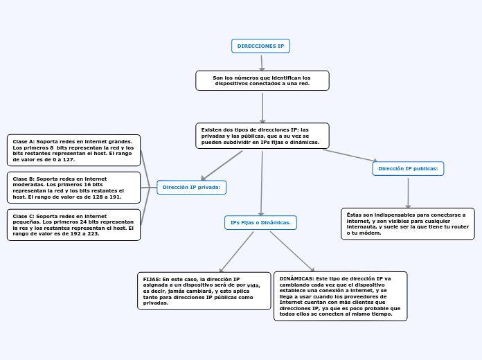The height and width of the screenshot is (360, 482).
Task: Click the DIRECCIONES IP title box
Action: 260,46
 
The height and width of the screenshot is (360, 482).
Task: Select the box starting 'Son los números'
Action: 262,80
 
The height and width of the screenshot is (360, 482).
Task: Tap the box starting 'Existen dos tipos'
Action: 262,136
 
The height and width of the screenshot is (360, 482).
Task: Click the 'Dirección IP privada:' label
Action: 191,187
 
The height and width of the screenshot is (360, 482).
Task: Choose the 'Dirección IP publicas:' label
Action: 408,168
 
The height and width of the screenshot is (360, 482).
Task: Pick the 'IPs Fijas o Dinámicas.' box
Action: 260,222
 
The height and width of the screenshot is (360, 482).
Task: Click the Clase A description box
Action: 73,150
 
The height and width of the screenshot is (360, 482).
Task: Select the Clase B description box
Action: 73,188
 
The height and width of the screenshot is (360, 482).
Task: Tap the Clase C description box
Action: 73,225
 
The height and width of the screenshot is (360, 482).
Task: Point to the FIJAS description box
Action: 204,291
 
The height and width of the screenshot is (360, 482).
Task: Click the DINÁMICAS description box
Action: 340,296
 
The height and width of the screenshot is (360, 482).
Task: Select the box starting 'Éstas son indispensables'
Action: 407,224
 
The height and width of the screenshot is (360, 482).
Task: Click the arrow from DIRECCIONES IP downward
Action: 262,62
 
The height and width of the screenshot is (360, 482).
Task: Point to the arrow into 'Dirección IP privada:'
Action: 222,165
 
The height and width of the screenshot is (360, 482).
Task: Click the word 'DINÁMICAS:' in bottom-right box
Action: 296,278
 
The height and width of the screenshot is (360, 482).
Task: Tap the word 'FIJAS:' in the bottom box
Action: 152,279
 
